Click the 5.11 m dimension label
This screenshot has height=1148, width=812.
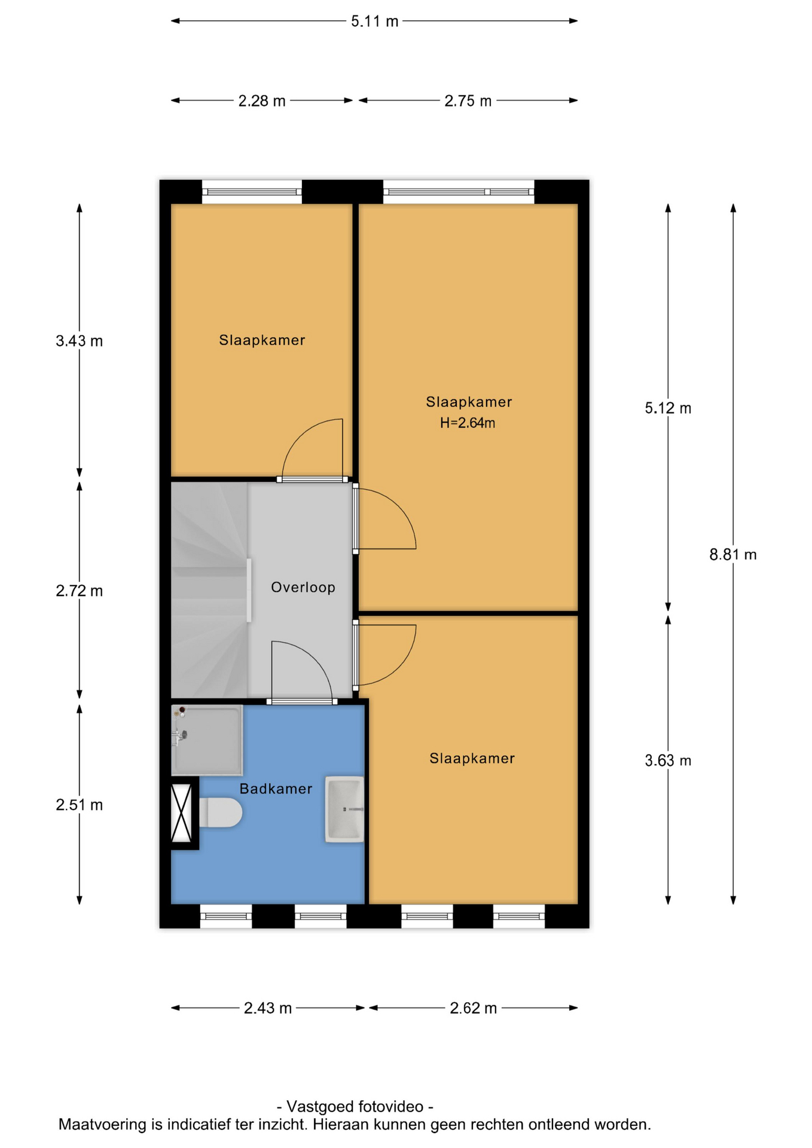pyautogui.click(x=374, y=22)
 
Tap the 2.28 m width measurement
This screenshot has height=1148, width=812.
pyautogui.click(x=262, y=101)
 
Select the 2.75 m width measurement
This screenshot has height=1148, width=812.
pyautogui.click(x=468, y=101)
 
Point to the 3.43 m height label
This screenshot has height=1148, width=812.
pyautogui.click(x=80, y=341)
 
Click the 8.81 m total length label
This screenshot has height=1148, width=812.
pyautogui.click(x=733, y=555)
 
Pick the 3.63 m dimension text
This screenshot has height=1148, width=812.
pyautogui.click(x=668, y=761)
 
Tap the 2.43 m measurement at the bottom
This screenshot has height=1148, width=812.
pyautogui.click(x=268, y=1008)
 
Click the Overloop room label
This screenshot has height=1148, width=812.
pyautogui.click(x=303, y=587)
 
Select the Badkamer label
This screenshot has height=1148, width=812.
pyautogui.click(x=276, y=789)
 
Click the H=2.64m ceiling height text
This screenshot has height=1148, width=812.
pyautogui.click(x=468, y=423)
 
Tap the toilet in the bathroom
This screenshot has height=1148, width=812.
pyautogui.click(x=220, y=812)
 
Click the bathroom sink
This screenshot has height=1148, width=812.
pyautogui.click(x=344, y=809)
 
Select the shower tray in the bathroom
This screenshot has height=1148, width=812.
pyautogui.click(x=207, y=740)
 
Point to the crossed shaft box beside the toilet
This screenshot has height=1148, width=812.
pyautogui.click(x=181, y=813)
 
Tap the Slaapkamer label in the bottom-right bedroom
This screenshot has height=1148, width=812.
pyautogui.click(x=472, y=758)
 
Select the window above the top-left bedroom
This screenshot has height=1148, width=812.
pyautogui.click(x=252, y=192)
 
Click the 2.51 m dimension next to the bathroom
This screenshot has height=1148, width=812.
pyautogui.click(x=80, y=805)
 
